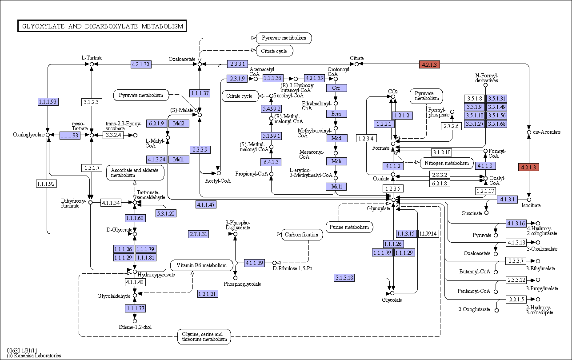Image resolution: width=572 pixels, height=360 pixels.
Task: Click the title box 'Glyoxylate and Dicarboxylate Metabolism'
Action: pyautogui.click(x=102, y=26)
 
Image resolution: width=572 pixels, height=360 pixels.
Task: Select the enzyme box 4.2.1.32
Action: pyautogui.click(x=141, y=64)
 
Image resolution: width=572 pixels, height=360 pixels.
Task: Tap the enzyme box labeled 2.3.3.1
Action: pyautogui.click(x=237, y=64)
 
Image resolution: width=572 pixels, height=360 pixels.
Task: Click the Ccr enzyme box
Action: pyautogui.click(x=336, y=88)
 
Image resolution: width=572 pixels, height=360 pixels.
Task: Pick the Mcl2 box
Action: pyautogui.click(x=179, y=124)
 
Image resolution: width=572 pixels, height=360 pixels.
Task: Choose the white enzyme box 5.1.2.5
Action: pyautogui.click(x=92, y=102)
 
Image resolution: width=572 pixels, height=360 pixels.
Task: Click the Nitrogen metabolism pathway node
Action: pyautogui.click(x=447, y=163)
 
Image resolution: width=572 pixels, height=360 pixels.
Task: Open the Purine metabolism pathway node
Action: pyautogui.click(x=349, y=227)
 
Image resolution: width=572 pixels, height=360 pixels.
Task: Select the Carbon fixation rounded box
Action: pyautogui.click(x=302, y=235)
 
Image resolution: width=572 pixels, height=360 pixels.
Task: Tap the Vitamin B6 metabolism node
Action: pyautogui.click(x=201, y=265)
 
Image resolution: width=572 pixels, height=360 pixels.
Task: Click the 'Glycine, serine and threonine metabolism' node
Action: pyautogui.click(x=204, y=336)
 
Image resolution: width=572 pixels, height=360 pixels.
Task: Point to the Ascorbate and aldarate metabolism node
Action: pyautogui.click(x=135, y=172)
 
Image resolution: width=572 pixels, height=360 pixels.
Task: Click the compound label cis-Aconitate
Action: pyautogui.click(x=547, y=132)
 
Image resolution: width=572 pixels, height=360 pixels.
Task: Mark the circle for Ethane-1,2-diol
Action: pyautogui.click(x=135, y=321)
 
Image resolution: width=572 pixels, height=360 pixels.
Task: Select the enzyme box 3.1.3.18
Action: pyautogui.click(x=344, y=277)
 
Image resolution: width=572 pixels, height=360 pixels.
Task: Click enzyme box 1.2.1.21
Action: pyautogui.click(x=208, y=294)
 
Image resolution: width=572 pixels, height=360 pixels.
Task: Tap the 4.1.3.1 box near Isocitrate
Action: pyautogui.click(x=508, y=200)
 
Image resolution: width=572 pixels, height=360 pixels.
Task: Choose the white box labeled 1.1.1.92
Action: pyautogui.click(x=46, y=184)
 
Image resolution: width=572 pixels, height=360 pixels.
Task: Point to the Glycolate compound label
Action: pyautogui.click(x=392, y=300)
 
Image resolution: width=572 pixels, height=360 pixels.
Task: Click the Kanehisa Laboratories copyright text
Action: pyautogui.click(x=34, y=356)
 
